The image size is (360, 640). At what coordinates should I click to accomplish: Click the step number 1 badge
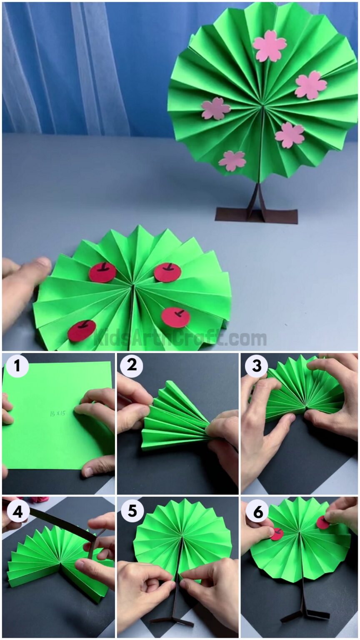pos(17,367)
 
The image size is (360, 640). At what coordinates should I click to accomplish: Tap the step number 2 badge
pos(132,367)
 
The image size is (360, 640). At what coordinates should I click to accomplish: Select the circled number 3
pos(256,367)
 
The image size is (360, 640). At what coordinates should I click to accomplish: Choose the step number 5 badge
pos(132,511)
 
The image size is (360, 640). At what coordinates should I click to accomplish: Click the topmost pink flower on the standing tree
pos(270,46)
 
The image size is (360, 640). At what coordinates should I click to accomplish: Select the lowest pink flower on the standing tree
pos(232,160)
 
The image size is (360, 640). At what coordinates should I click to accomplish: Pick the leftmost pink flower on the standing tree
pos(216,108)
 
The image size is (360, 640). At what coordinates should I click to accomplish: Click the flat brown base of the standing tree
pos(256,216)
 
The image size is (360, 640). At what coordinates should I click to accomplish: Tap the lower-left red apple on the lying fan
pos(82,330)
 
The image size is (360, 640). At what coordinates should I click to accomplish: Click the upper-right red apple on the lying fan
pos(167,272)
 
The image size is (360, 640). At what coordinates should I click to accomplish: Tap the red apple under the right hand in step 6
pos(322,522)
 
